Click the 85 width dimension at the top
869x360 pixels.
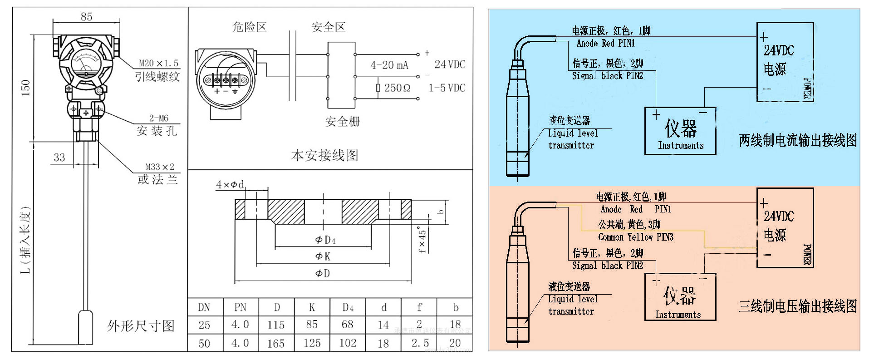click(86, 17)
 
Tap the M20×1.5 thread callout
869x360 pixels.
click(158, 63)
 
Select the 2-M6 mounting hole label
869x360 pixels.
click(158, 118)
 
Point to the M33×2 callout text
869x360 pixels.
click(159, 167)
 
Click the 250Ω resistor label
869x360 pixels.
click(397, 88)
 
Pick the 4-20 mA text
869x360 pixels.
click(389, 65)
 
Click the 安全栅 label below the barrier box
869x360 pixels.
click(342, 121)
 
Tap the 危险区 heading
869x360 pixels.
click(249, 27)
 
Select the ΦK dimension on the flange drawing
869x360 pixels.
click(323, 257)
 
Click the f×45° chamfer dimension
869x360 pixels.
click(422, 241)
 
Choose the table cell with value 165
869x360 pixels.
click(276, 343)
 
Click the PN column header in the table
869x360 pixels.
click(240, 308)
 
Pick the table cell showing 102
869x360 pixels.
click(348, 343)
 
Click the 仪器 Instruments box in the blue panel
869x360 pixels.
click(680, 131)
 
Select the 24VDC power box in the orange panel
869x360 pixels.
click(785, 227)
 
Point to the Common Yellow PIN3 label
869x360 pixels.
click(635, 237)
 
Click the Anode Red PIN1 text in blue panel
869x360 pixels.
click(605, 44)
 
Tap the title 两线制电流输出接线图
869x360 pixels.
click(798, 140)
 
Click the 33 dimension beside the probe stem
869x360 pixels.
click(59, 158)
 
